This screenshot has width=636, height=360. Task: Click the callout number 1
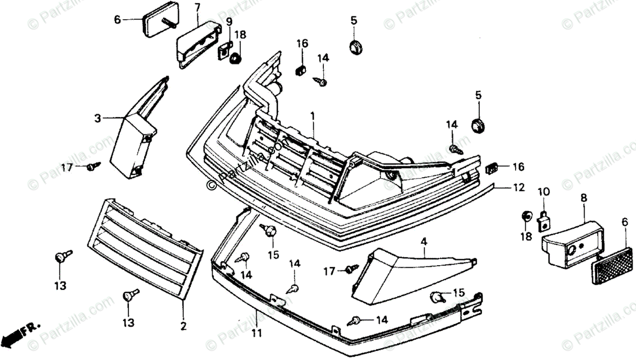tap(313, 115)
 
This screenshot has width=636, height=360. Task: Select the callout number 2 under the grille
tap(183, 327)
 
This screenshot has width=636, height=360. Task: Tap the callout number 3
tap(98, 119)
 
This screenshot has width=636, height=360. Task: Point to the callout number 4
tap(424, 242)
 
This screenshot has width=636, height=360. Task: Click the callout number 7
tap(197, 7)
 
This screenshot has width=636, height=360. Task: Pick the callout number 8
tap(584, 198)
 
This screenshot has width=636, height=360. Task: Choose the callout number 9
tap(229, 22)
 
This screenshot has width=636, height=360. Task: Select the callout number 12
tap(518, 187)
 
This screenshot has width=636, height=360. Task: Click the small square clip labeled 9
tap(225, 49)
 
